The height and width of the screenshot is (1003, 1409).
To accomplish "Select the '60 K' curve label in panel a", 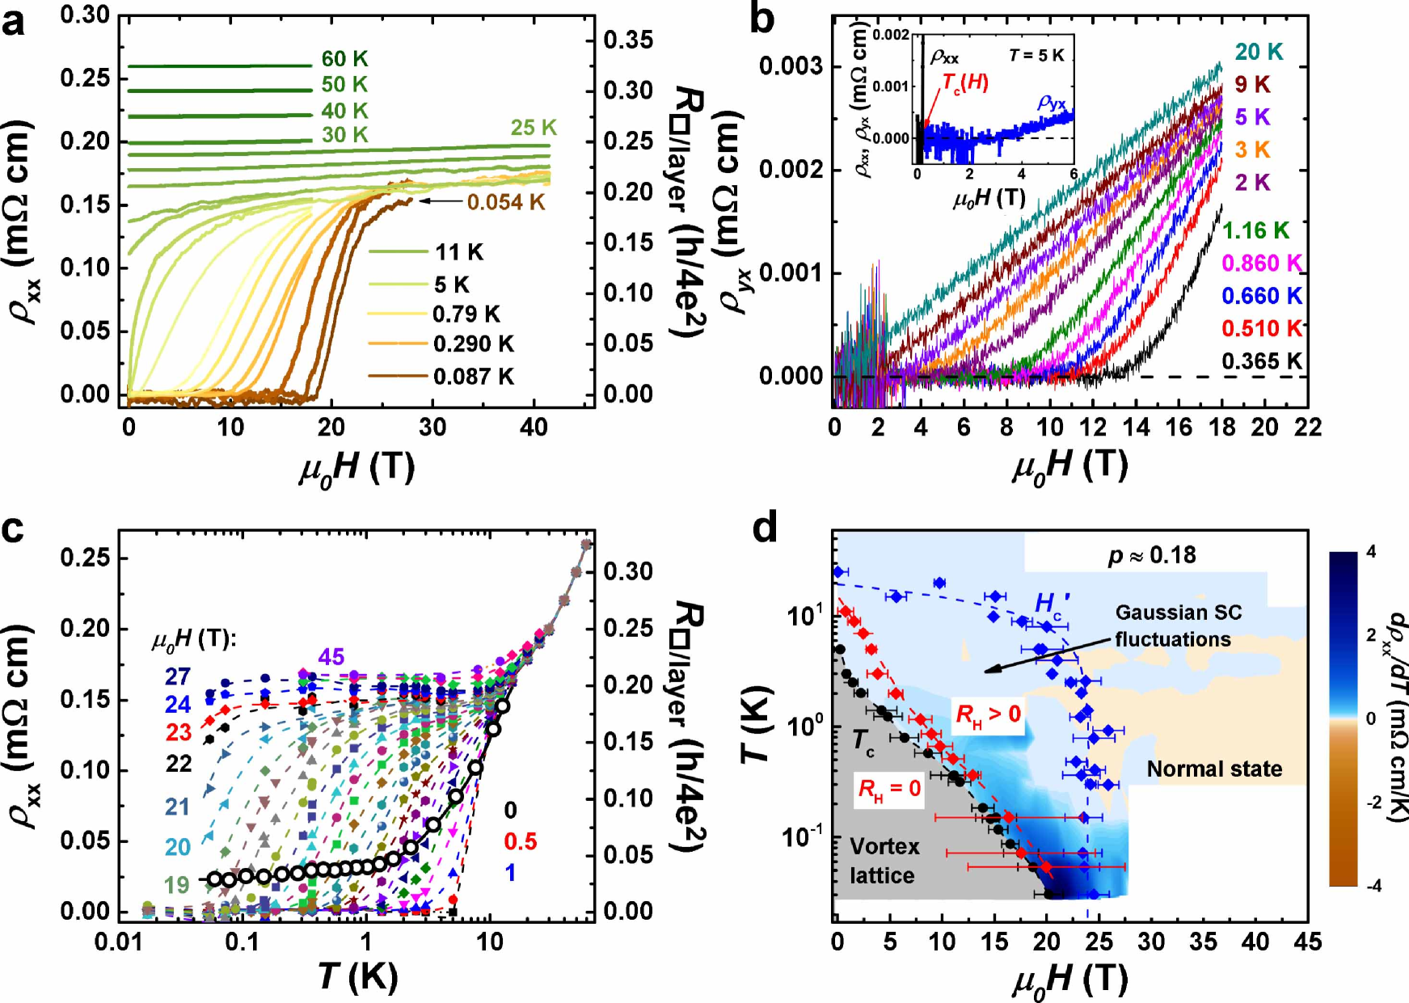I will tap(344, 59).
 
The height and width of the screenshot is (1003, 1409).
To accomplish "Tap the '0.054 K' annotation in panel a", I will tap(506, 202).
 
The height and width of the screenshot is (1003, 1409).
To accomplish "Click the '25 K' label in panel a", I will tap(534, 128).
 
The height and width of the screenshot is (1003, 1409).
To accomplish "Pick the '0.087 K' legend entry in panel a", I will tap(473, 377).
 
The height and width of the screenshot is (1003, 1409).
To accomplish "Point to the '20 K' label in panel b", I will tap(1259, 52).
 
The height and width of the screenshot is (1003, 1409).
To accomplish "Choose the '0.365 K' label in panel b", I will tap(1261, 361).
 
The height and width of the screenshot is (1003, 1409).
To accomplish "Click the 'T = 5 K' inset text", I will tap(1036, 56).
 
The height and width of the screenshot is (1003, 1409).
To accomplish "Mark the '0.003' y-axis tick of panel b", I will tap(791, 66).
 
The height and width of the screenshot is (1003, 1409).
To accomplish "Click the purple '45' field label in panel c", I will tap(331, 656).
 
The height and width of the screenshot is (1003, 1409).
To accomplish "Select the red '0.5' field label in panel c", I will tap(520, 841).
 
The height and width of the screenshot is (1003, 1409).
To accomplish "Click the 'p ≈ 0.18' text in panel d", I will tap(1151, 555).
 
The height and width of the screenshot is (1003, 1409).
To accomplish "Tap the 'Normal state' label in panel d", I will tap(1214, 769).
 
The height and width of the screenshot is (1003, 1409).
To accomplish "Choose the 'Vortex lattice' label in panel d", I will tap(884, 861).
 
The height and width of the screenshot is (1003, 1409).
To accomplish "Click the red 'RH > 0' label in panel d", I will tap(988, 714).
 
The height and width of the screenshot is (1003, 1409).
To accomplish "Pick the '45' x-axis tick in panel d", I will tap(1307, 942).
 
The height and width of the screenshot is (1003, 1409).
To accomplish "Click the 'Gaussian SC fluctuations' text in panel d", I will tap(1177, 626).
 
